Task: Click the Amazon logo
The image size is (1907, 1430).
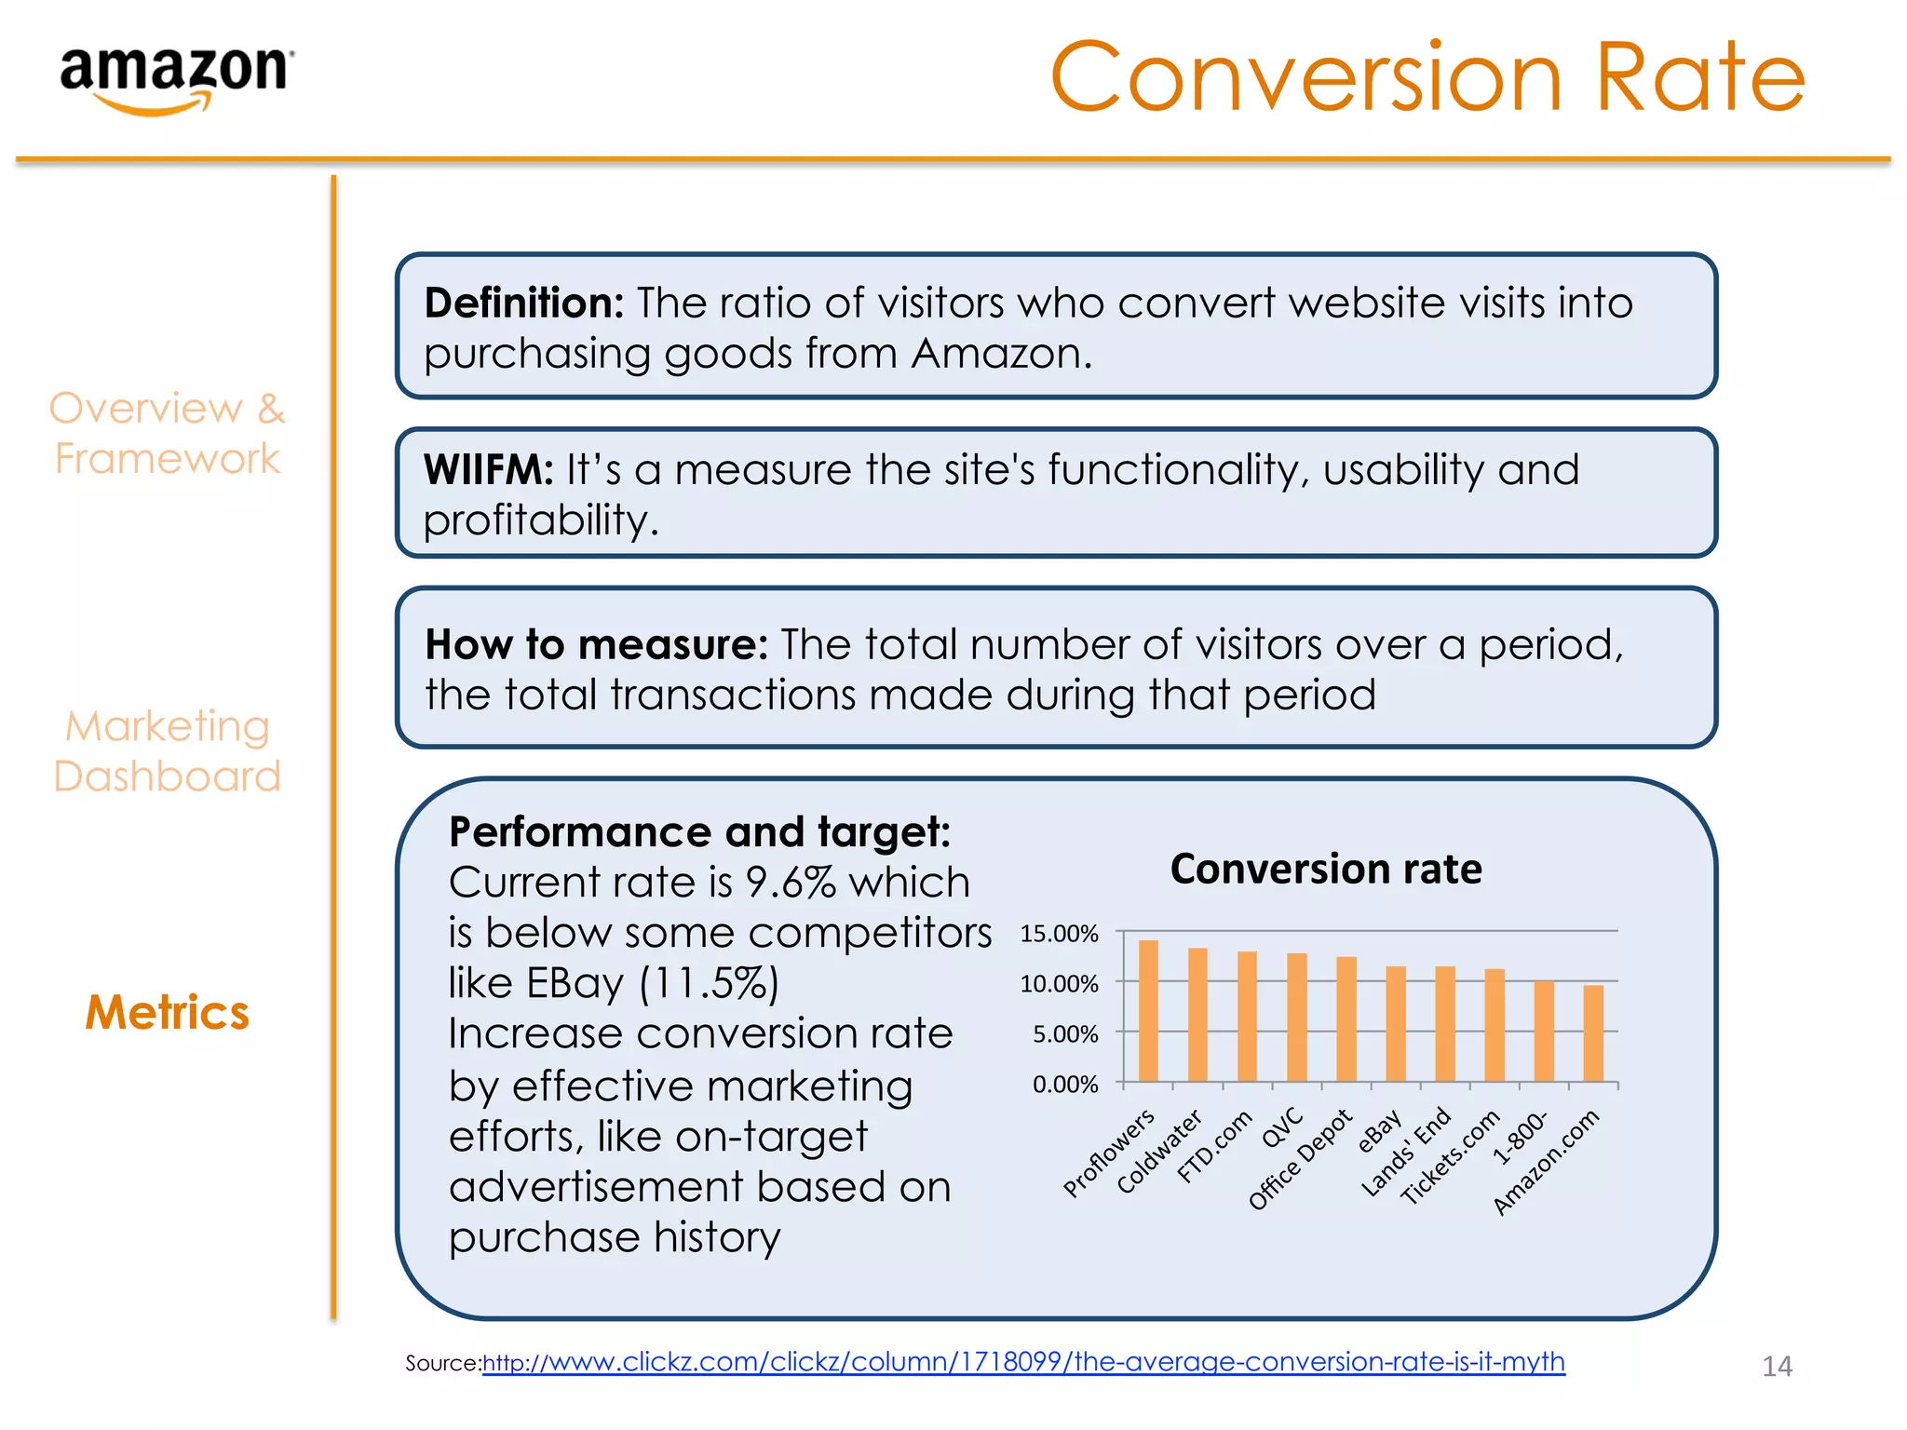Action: coord(176,79)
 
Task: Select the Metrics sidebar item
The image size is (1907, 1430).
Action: coord(168,1012)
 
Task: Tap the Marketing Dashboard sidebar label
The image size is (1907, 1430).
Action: coord(168,750)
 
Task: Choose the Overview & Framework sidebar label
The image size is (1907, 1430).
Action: coord(168,433)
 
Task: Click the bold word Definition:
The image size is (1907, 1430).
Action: coord(523,304)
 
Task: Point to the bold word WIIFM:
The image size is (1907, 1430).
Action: coord(488,470)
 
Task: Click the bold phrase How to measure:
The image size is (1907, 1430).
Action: coord(596,644)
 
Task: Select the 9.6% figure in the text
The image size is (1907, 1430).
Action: coord(791,883)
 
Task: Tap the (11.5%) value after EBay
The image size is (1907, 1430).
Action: coord(709,983)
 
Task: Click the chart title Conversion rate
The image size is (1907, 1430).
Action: coord(1326,869)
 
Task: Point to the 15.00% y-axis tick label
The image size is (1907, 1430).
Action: coord(1059,934)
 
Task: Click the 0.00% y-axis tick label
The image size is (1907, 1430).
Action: coord(1065,1085)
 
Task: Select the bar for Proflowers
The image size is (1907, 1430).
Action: coord(1148,1011)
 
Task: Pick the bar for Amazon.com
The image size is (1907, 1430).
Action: coord(1593,1033)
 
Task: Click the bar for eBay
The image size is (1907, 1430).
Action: coord(1395,1024)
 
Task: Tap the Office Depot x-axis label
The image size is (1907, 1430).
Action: coord(1300,1160)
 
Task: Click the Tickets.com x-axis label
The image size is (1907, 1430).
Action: coord(1451,1157)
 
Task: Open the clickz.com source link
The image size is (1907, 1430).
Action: coord(1022,1362)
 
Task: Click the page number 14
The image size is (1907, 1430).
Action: coord(1777,1366)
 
